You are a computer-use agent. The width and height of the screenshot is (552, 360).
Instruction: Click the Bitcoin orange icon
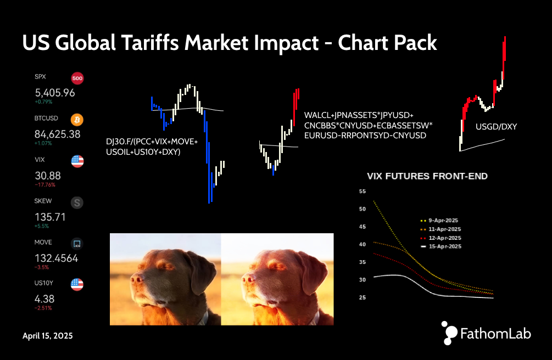[77, 120]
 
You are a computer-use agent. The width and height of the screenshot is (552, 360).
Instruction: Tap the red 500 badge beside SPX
[77, 78]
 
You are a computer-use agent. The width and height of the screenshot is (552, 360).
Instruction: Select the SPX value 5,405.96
[55, 93]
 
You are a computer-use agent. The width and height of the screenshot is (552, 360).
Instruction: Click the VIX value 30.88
[48, 176]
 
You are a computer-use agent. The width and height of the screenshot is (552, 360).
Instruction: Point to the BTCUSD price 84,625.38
[57, 134]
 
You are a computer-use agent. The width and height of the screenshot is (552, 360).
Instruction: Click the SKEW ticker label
[43, 201]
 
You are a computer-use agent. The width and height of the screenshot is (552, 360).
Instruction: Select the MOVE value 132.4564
[57, 258]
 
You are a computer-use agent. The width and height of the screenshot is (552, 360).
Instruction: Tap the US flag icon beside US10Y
[77, 284]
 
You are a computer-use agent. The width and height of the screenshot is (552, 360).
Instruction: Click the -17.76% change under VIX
[45, 185]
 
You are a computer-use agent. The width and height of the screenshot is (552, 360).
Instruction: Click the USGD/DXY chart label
[497, 127]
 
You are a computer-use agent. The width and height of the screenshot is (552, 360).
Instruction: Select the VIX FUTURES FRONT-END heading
[427, 176]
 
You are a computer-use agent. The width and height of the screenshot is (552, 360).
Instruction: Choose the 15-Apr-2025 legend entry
[441, 246]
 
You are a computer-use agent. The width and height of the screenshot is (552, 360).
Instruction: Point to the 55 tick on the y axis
[363, 192]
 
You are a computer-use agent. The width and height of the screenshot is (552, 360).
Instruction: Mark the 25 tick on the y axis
[363, 297]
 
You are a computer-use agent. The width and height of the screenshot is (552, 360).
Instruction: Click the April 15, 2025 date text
[48, 336]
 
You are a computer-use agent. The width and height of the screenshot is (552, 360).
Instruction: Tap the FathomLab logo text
[495, 334]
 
